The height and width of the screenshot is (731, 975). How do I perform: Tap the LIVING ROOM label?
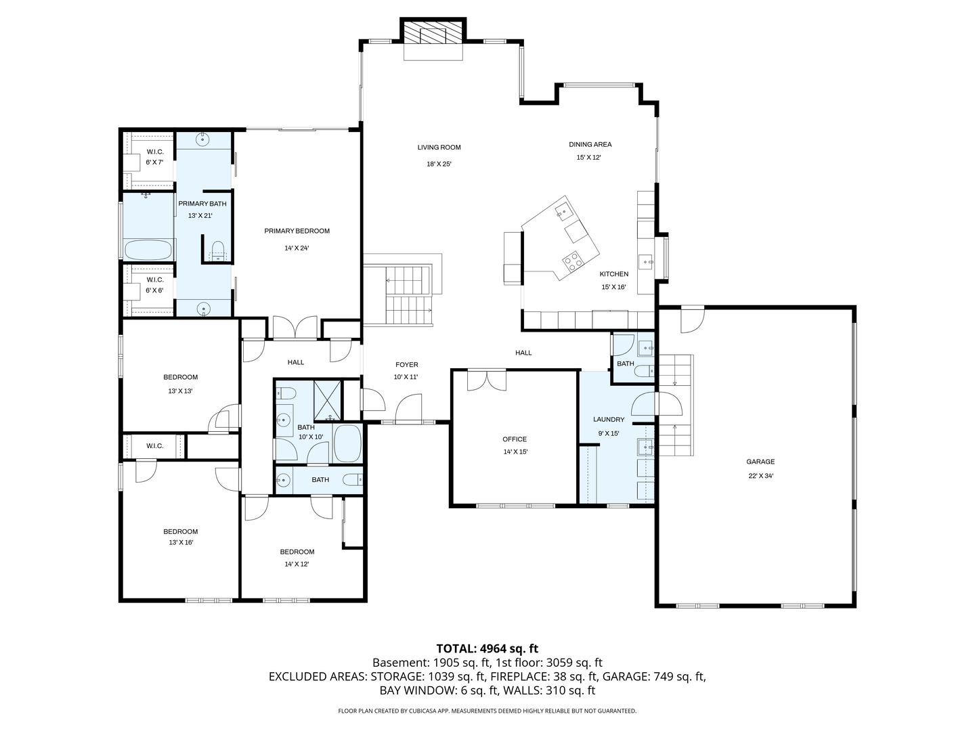pos(439,148)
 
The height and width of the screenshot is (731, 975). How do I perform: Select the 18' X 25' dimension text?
pos(439,164)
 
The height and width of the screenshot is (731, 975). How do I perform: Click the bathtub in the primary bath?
pos(148,250)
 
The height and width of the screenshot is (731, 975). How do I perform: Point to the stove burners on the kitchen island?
pos(572,261)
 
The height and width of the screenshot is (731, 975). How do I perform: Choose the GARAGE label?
pos(760,462)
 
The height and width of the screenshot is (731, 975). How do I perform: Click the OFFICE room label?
pos(515,439)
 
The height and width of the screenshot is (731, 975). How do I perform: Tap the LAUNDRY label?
pos(609,420)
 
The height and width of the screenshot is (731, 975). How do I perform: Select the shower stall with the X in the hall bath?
pos(327,400)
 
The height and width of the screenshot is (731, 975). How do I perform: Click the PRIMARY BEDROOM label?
pos(297,231)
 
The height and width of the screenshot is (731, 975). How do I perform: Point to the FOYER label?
pos(406,365)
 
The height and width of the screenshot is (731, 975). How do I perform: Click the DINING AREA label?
pos(590,144)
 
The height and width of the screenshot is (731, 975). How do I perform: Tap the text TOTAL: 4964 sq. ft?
pos(487,649)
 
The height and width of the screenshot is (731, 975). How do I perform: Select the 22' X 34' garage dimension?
pos(760,476)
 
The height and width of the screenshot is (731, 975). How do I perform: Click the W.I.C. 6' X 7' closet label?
pos(154,157)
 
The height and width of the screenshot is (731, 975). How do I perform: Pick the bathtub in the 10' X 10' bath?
pos(347,443)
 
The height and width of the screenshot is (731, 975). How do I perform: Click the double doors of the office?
pos(487,380)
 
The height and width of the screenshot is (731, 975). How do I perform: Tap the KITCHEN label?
pos(614,274)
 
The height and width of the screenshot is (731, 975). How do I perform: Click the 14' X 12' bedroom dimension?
pos(297,564)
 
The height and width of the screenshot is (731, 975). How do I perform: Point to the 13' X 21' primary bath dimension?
pos(200,216)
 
